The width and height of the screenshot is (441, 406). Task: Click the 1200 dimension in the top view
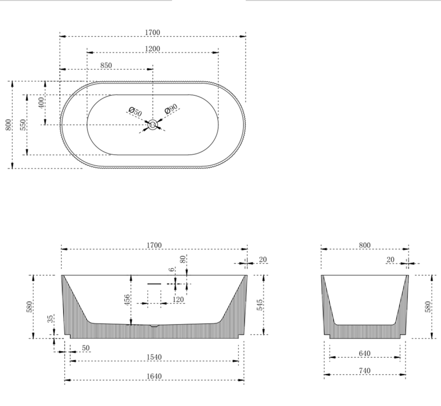point(152,49)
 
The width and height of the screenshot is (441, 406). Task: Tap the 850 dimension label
point(106,65)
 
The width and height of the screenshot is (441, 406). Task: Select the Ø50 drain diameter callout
point(135,112)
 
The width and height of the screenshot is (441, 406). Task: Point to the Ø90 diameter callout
point(171,109)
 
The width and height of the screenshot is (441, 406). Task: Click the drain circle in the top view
point(153,124)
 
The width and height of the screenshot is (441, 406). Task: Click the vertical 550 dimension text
point(23,125)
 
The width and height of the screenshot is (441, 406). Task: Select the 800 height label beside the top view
point(8,125)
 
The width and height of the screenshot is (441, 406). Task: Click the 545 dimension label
point(260,305)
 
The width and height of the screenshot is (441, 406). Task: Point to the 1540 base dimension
point(154,357)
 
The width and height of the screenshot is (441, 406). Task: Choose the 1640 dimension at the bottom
point(154,376)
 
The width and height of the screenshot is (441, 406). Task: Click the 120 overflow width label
point(178,300)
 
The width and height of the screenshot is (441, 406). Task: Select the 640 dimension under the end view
point(364,353)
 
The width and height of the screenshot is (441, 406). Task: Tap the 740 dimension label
point(364,371)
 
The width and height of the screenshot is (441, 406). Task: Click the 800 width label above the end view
point(364,245)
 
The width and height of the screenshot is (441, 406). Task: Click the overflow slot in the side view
point(154,284)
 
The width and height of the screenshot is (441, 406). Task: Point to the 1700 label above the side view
point(154,245)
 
